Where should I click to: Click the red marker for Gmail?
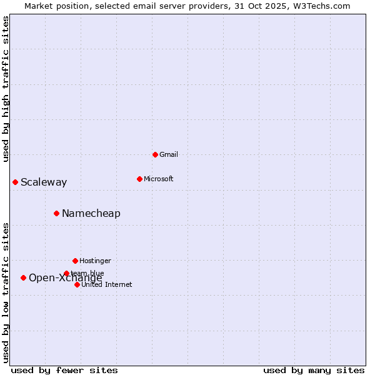[155, 154]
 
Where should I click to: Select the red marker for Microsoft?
[139, 179]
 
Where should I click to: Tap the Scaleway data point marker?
[15, 182]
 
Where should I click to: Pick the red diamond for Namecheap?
[56, 213]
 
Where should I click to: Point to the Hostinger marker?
[75, 261]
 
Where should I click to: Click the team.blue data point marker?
[66, 273]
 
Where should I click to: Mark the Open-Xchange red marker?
[23, 277]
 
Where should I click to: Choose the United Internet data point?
[77, 284]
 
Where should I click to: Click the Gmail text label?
[169, 154]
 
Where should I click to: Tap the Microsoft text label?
[159, 179]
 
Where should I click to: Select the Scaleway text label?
[44, 182]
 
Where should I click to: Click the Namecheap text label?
[91, 214]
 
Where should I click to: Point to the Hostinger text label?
[95, 261]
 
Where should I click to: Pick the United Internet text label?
[107, 285]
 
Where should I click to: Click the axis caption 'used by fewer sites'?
[64, 370]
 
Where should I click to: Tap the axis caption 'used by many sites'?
[314, 370]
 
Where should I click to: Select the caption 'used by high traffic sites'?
[6, 89]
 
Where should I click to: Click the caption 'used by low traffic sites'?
[6, 292]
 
